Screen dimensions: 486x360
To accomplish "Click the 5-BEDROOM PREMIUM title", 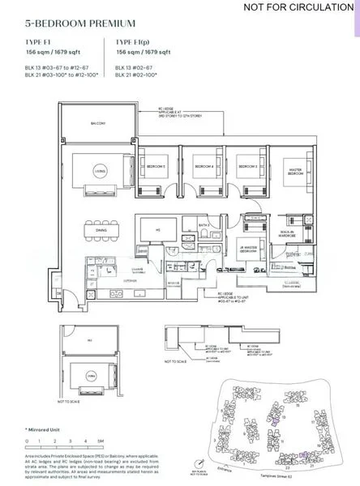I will [70, 24].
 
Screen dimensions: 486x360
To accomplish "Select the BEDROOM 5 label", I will [155, 166].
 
